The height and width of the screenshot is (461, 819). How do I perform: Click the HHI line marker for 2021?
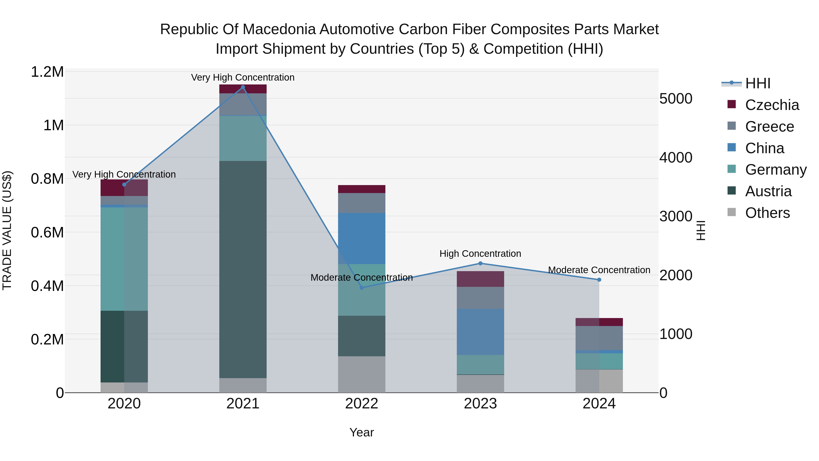coord(243,87)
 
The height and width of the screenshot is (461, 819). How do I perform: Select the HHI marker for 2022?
coord(361,288)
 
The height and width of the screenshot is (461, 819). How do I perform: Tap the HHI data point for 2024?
coord(599,280)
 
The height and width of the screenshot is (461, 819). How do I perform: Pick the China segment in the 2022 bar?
coord(361,238)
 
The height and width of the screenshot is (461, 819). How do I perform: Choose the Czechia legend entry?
coord(772,105)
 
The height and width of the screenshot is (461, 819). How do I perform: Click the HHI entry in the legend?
coord(758,83)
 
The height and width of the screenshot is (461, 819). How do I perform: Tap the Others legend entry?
coord(767,213)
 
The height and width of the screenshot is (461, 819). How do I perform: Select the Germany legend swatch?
coord(732,169)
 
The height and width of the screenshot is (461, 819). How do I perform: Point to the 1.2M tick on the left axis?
coord(47,72)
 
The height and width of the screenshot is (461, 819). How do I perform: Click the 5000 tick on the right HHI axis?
coord(676,99)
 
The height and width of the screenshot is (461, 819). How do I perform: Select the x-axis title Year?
coord(361,432)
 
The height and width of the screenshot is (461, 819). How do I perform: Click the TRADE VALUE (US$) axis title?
coord(7,230)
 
